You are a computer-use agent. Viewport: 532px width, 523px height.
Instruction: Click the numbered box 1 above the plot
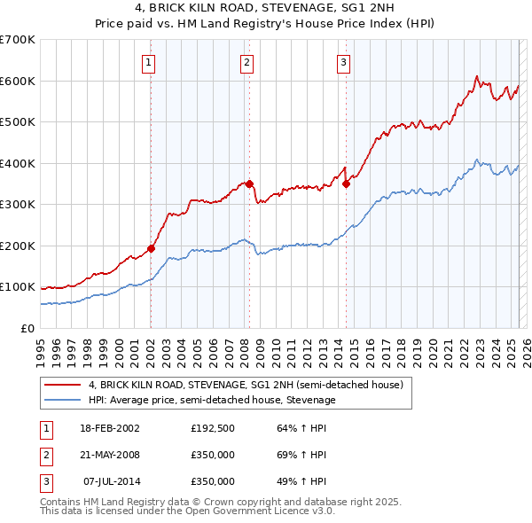point(148,62)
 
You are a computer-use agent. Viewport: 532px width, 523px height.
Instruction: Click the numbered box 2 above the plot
point(246,62)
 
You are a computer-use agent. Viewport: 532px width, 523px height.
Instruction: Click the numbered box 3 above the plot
point(343,62)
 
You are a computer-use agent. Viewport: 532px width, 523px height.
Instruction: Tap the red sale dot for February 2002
point(151,248)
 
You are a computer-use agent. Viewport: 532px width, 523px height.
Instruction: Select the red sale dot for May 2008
point(250,183)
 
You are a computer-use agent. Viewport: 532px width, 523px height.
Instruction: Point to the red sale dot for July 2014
point(346,183)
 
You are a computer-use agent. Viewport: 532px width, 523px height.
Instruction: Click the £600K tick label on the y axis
point(17,81)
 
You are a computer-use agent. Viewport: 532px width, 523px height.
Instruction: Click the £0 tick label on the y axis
point(28,328)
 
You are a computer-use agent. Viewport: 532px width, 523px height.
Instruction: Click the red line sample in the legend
point(63,385)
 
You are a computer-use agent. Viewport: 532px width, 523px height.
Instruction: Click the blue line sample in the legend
point(63,400)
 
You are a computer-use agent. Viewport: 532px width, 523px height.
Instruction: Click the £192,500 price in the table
point(212,428)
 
